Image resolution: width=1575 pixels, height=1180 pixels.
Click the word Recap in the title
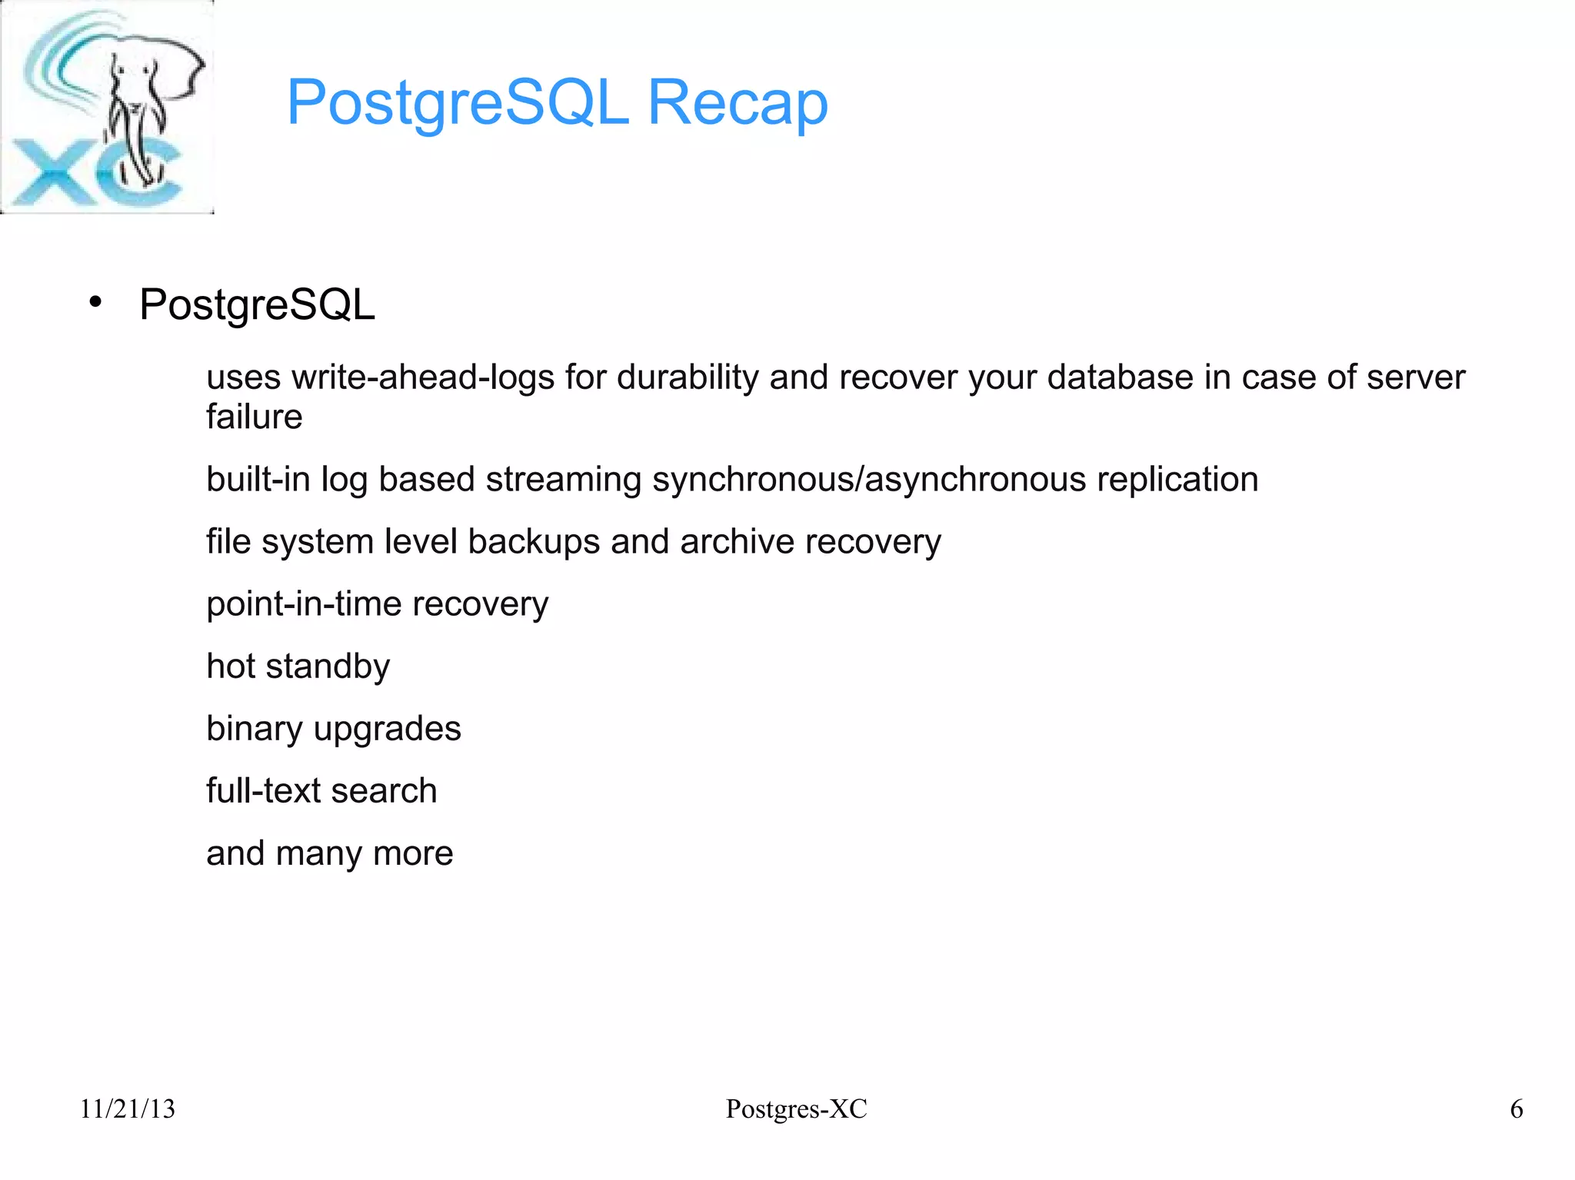point(738,102)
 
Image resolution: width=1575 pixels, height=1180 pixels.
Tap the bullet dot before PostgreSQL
point(95,302)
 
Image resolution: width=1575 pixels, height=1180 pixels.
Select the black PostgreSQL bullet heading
point(257,304)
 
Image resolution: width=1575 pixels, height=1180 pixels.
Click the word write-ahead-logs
point(423,377)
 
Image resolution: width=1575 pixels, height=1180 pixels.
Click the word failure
point(254,417)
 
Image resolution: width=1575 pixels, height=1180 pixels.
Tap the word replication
point(1177,480)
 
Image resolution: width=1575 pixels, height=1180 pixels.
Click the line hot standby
point(298,666)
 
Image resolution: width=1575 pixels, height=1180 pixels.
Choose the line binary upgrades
point(333,729)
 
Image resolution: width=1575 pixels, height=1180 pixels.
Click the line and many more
point(329,853)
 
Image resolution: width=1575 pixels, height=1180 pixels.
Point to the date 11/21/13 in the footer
point(128,1109)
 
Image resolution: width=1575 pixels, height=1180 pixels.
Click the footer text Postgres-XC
point(796,1109)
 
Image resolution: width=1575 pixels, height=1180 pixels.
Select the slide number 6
point(1516,1109)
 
